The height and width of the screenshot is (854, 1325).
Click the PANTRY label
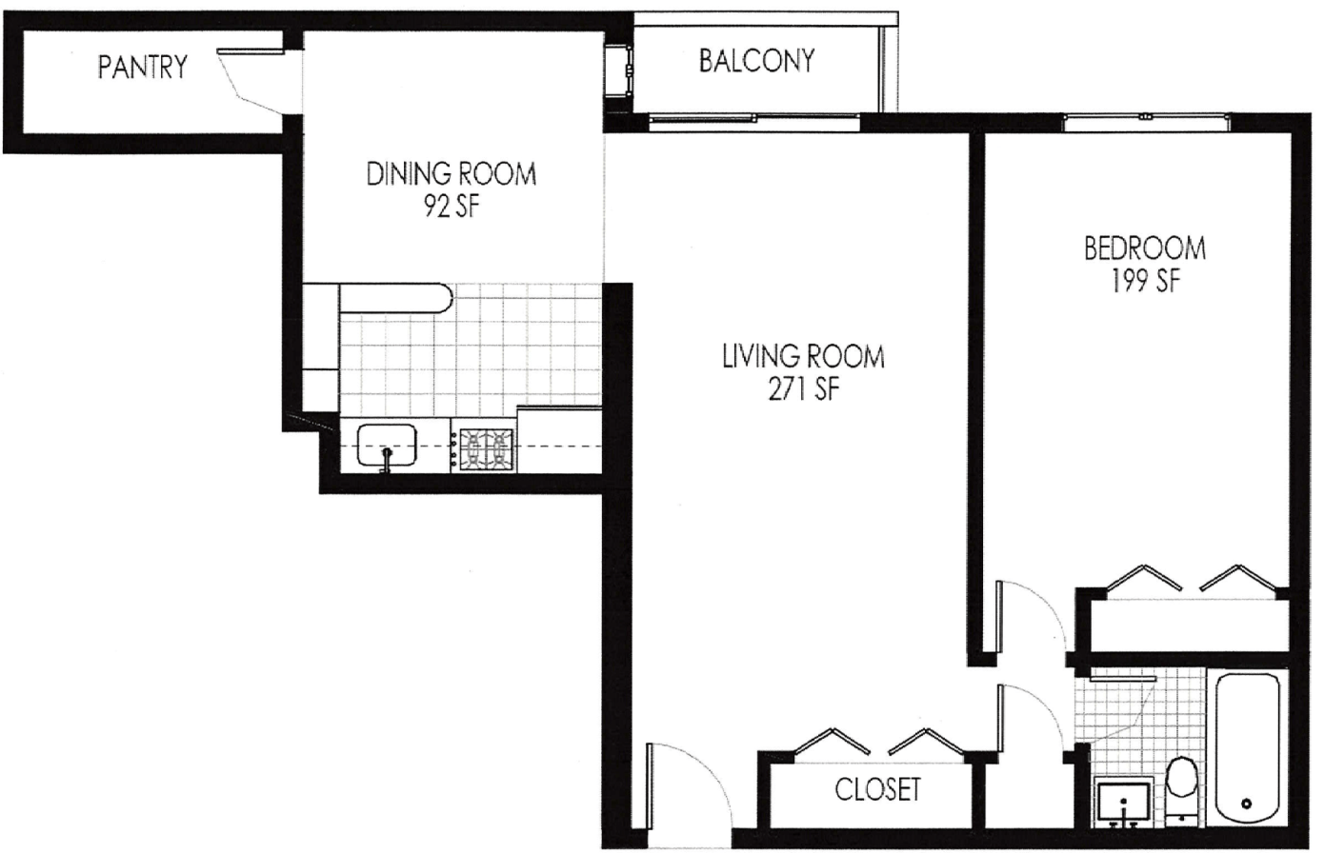(x=143, y=67)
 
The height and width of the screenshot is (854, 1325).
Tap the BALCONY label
(x=756, y=61)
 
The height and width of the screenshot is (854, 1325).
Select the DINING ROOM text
(x=452, y=174)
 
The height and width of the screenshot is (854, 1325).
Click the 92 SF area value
(x=452, y=207)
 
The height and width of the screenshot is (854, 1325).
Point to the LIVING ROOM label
(x=803, y=357)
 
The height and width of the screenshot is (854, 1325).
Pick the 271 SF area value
(x=804, y=389)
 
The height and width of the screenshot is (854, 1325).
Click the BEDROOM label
(x=1145, y=248)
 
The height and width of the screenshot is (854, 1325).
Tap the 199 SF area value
(x=1146, y=281)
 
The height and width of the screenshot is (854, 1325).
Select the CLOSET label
(x=878, y=789)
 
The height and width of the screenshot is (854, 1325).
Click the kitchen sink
(x=387, y=446)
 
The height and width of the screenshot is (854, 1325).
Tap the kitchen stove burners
(x=486, y=449)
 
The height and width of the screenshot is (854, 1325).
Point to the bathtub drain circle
(x=1246, y=804)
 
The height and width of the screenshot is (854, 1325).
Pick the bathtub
(x=1248, y=748)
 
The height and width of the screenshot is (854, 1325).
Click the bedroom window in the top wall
(x=1146, y=122)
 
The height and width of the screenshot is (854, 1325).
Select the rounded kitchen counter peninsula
(x=395, y=298)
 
